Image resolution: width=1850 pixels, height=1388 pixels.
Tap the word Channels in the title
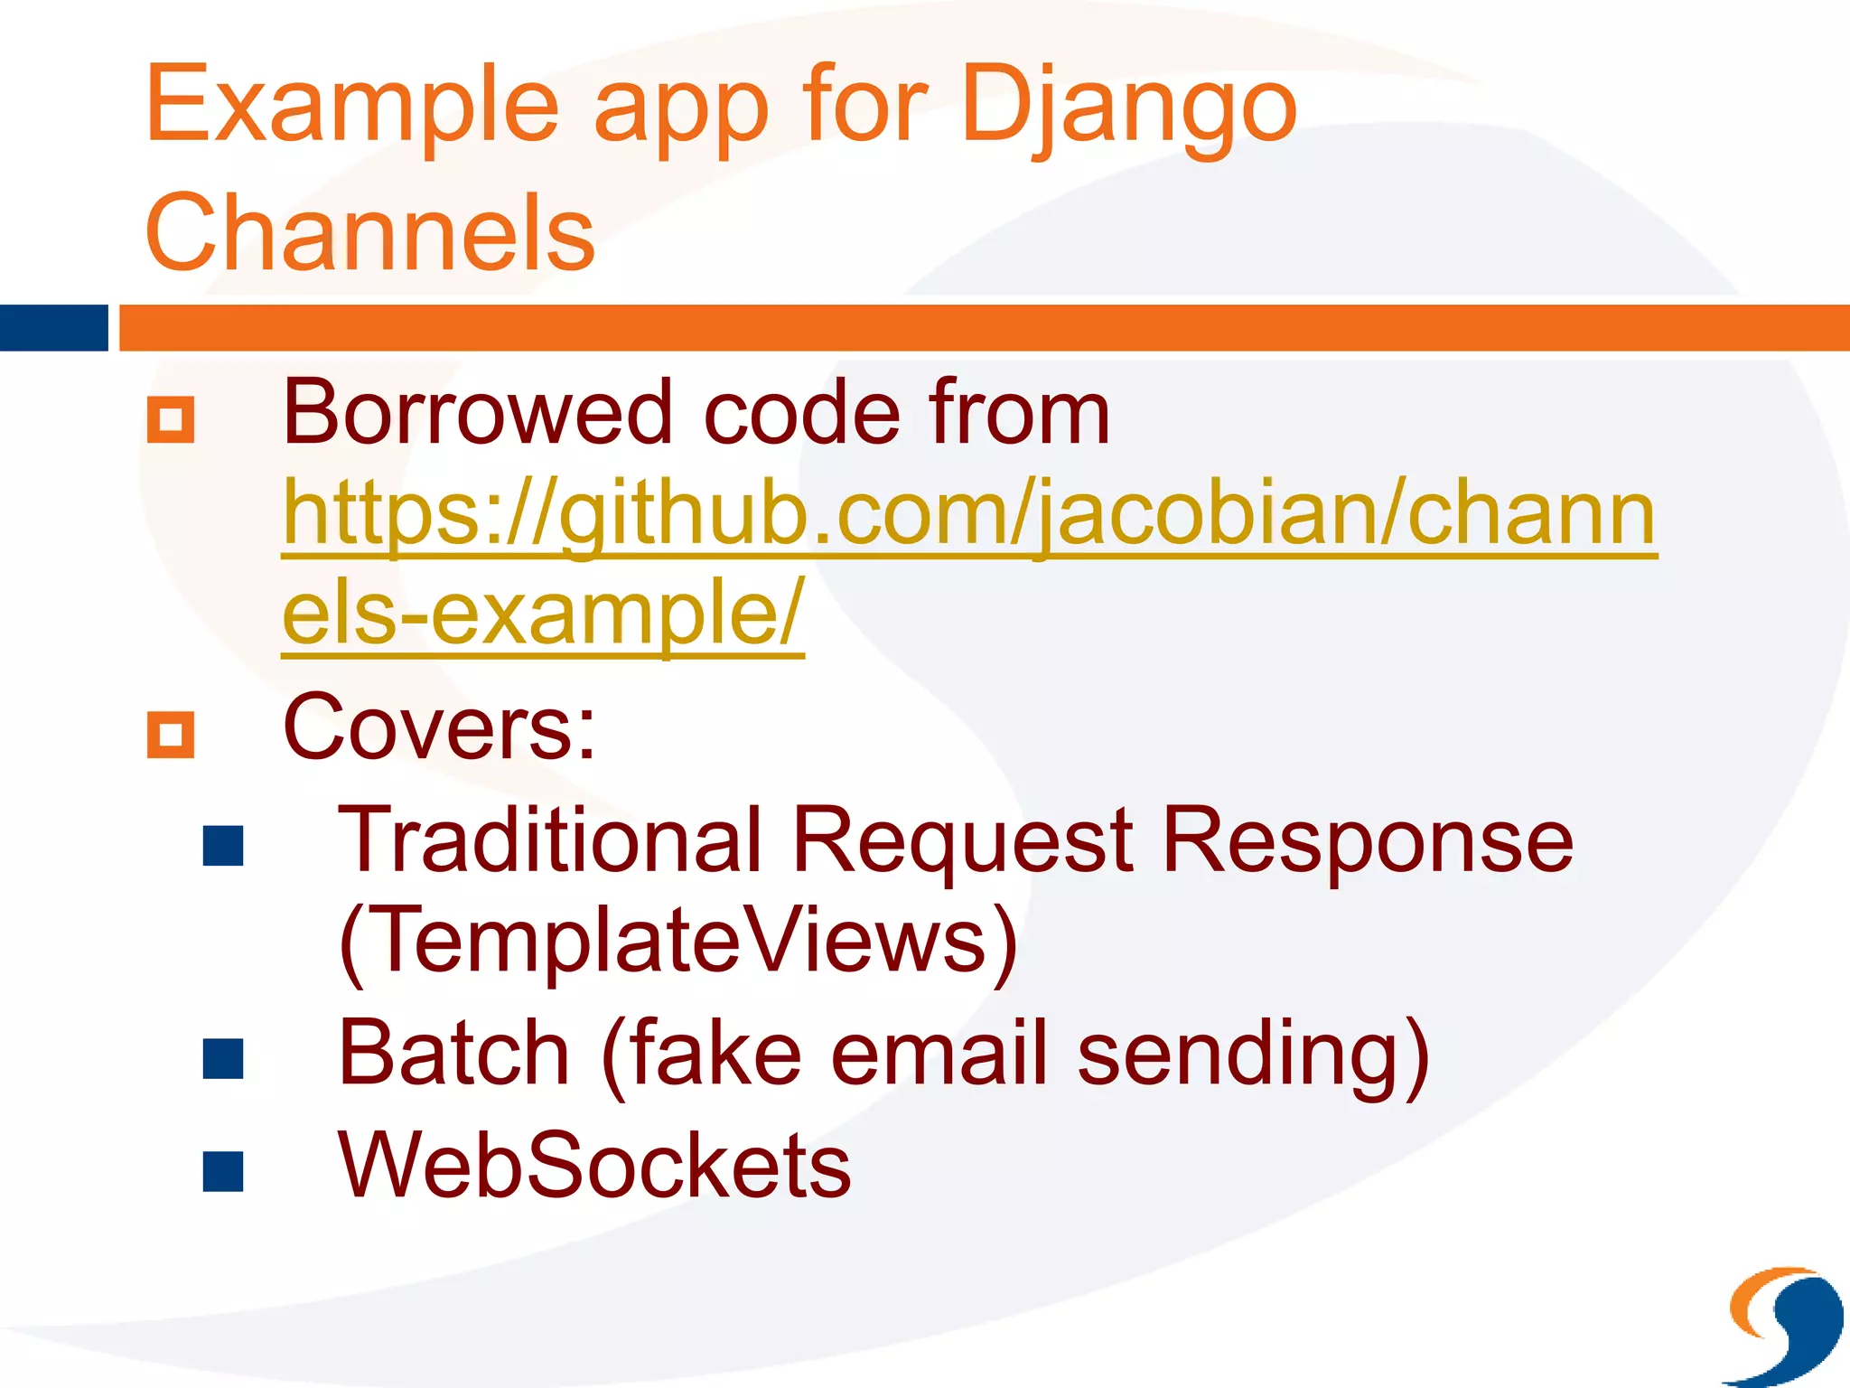coord(369,233)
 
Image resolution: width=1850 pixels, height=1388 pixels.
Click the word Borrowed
coord(478,413)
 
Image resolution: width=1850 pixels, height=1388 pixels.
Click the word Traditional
coord(550,840)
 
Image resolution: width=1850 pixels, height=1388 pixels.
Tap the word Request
coord(962,840)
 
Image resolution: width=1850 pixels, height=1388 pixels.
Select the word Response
coord(1368,840)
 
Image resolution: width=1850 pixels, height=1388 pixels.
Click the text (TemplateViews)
coord(678,942)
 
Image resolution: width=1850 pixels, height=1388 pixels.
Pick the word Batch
coord(453,1053)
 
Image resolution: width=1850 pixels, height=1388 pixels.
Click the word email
coord(939,1053)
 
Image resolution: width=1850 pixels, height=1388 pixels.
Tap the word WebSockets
coord(593,1166)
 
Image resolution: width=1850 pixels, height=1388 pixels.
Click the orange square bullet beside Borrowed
coord(171,420)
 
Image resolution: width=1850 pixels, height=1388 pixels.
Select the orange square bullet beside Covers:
coord(171,734)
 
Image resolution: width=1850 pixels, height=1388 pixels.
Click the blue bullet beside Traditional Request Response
coord(223,847)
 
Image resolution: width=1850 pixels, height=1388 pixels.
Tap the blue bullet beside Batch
coord(223,1059)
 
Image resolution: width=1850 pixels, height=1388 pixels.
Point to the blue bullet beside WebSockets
coord(223,1172)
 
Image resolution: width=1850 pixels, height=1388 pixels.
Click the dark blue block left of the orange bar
coord(53,328)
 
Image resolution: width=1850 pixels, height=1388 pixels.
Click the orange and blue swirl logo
coord(1785,1324)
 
